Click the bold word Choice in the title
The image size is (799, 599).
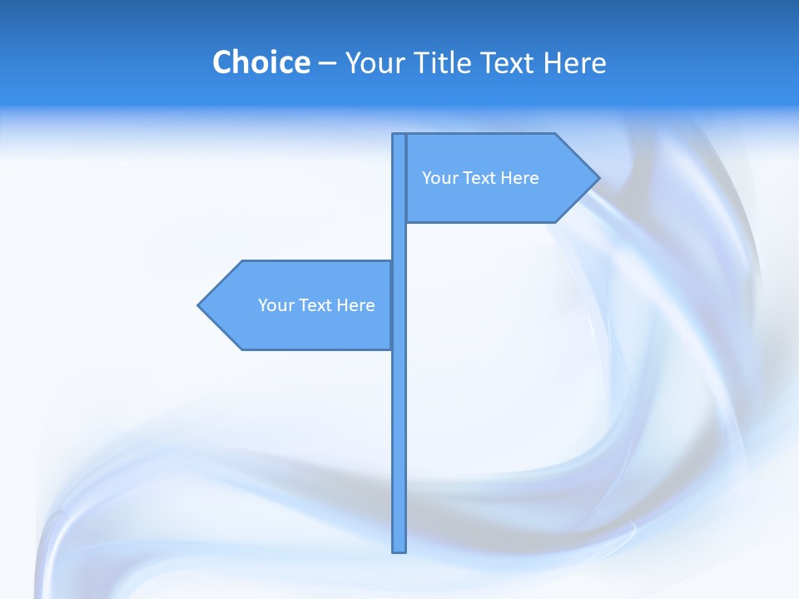coord(261,62)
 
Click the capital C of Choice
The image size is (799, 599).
coord(223,62)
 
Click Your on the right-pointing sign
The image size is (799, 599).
coord(439,178)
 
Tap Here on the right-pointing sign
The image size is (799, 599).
coord(519,178)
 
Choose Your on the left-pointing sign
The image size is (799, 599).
coord(275,305)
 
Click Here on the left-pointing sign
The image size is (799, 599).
coord(355,305)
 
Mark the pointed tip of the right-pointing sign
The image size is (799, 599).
coord(598,177)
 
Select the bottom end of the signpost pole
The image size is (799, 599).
coord(399,550)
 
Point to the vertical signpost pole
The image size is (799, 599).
coord(399,433)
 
